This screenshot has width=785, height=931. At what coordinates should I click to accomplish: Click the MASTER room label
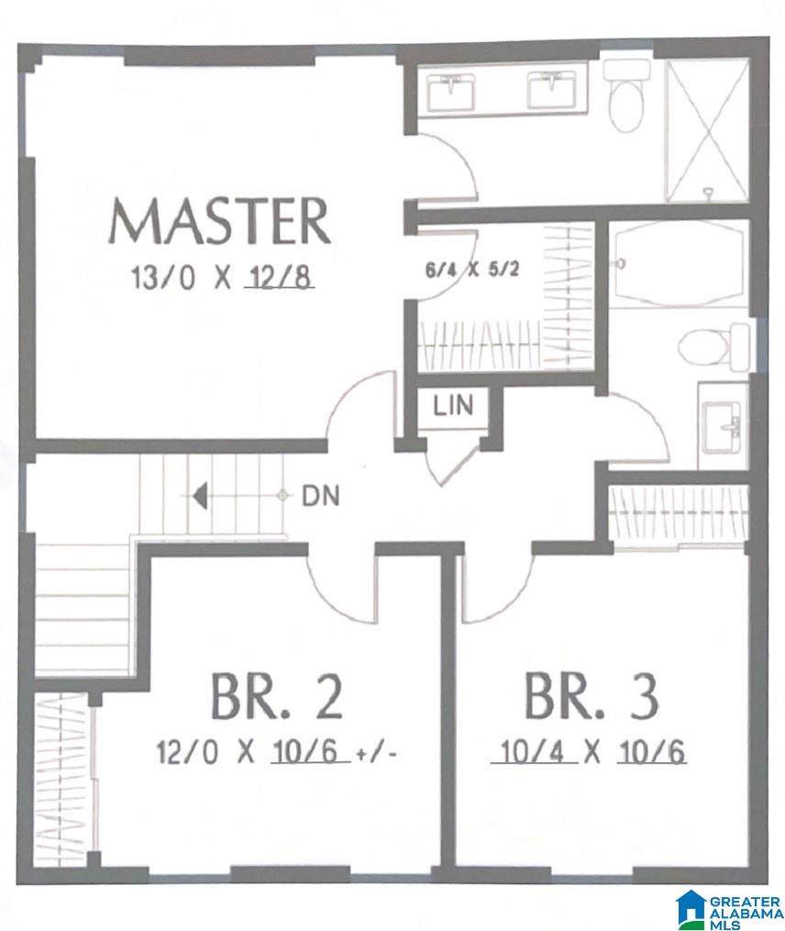tap(218, 221)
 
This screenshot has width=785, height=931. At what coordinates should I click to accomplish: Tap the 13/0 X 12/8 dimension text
tap(223, 277)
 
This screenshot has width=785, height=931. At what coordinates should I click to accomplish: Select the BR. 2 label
tap(277, 697)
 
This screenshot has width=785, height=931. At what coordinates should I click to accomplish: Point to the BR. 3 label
tap(592, 697)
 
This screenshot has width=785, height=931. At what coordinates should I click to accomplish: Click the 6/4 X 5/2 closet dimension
tap(472, 270)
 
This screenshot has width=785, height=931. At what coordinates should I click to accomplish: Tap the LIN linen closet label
tap(454, 405)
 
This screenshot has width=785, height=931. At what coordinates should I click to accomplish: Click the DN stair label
tap(321, 496)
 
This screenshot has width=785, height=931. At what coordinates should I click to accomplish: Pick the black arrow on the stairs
tap(200, 495)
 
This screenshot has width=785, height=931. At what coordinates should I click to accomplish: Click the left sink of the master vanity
tap(451, 92)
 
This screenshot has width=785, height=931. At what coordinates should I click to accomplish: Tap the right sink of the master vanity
tap(552, 91)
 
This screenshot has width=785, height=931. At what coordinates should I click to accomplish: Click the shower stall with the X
tap(708, 131)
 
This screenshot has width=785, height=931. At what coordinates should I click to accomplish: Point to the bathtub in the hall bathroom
tap(678, 264)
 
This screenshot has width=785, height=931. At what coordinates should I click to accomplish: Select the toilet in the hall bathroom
tap(713, 347)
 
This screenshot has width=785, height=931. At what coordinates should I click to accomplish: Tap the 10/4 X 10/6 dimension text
tap(589, 752)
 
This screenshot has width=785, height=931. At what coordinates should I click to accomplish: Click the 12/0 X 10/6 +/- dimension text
tap(276, 752)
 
